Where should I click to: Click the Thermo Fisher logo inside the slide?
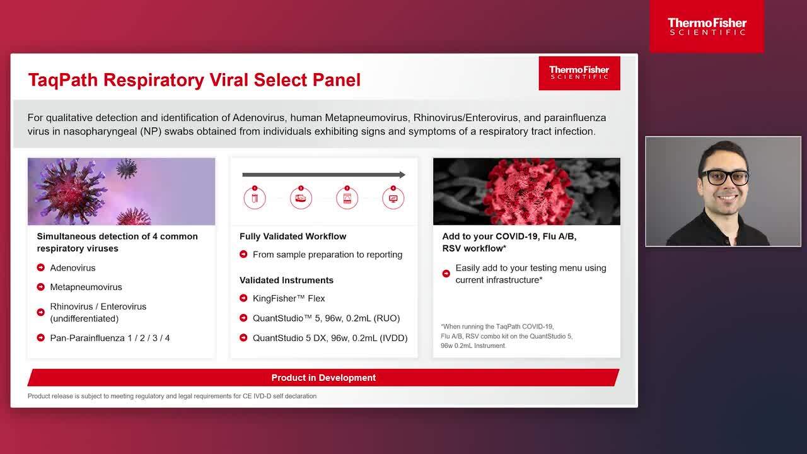tap(579, 73)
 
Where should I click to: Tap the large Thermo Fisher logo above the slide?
tap(707, 26)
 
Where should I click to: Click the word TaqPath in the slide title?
tap(63, 80)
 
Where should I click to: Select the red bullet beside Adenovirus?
tap(41, 267)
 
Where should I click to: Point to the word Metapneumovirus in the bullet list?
tap(86, 287)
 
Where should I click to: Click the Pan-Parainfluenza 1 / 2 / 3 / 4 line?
tap(110, 338)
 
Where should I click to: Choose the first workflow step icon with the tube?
tap(255, 198)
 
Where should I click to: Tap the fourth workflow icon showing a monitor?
tap(393, 198)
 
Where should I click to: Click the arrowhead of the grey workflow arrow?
tap(402, 175)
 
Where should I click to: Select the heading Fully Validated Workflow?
tap(293, 236)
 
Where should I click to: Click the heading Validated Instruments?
tap(286, 281)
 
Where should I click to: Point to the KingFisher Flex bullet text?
tap(289, 298)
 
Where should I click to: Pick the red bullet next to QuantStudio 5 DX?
tap(243, 337)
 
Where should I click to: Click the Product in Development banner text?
tap(323, 378)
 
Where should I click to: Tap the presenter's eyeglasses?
tap(724, 177)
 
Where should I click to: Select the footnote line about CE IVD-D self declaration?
tap(172, 396)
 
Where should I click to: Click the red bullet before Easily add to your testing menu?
tap(446, 274)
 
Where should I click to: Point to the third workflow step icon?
tap(347, 198)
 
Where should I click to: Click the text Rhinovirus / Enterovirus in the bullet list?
tap(98, 306)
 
